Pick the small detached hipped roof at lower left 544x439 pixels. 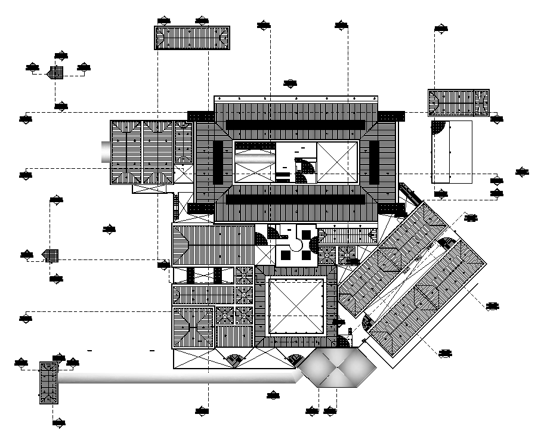tap(48, 383)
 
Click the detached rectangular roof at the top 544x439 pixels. tap(192, 38)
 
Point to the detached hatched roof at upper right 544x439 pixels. tap(458, 102)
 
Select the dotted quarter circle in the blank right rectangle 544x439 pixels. tap(439, 128)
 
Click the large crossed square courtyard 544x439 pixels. tap(296, 307)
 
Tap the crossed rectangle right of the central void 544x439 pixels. tap(337, 162)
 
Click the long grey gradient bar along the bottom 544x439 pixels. tap(179, 378)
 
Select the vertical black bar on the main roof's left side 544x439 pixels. tap(218, 162)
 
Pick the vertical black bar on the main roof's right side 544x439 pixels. tap(373, 162)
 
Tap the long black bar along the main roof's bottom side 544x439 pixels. tap(295, 199)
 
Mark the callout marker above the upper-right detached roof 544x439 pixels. tap(441, 28)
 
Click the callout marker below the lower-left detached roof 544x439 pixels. tap(58, 423)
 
